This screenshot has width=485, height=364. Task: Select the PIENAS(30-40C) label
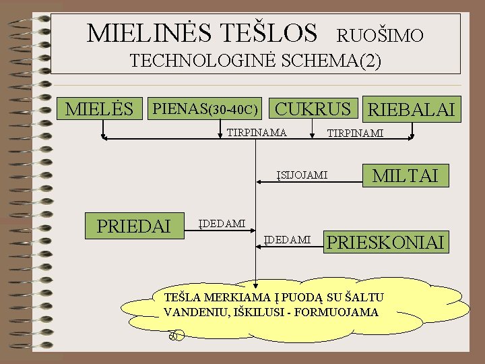(205, 109)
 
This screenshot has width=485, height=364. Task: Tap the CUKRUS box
(314, 109)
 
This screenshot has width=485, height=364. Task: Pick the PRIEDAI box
(134, 225)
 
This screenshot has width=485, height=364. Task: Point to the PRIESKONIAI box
(386, 241)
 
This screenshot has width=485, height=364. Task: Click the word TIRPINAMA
(256, 131)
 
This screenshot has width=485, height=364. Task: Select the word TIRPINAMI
(354, 133)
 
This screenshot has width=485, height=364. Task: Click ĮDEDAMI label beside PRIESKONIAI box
(287, 239)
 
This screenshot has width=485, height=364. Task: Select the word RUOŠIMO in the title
(379, 35)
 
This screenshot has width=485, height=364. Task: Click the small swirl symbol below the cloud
(174, 334)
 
